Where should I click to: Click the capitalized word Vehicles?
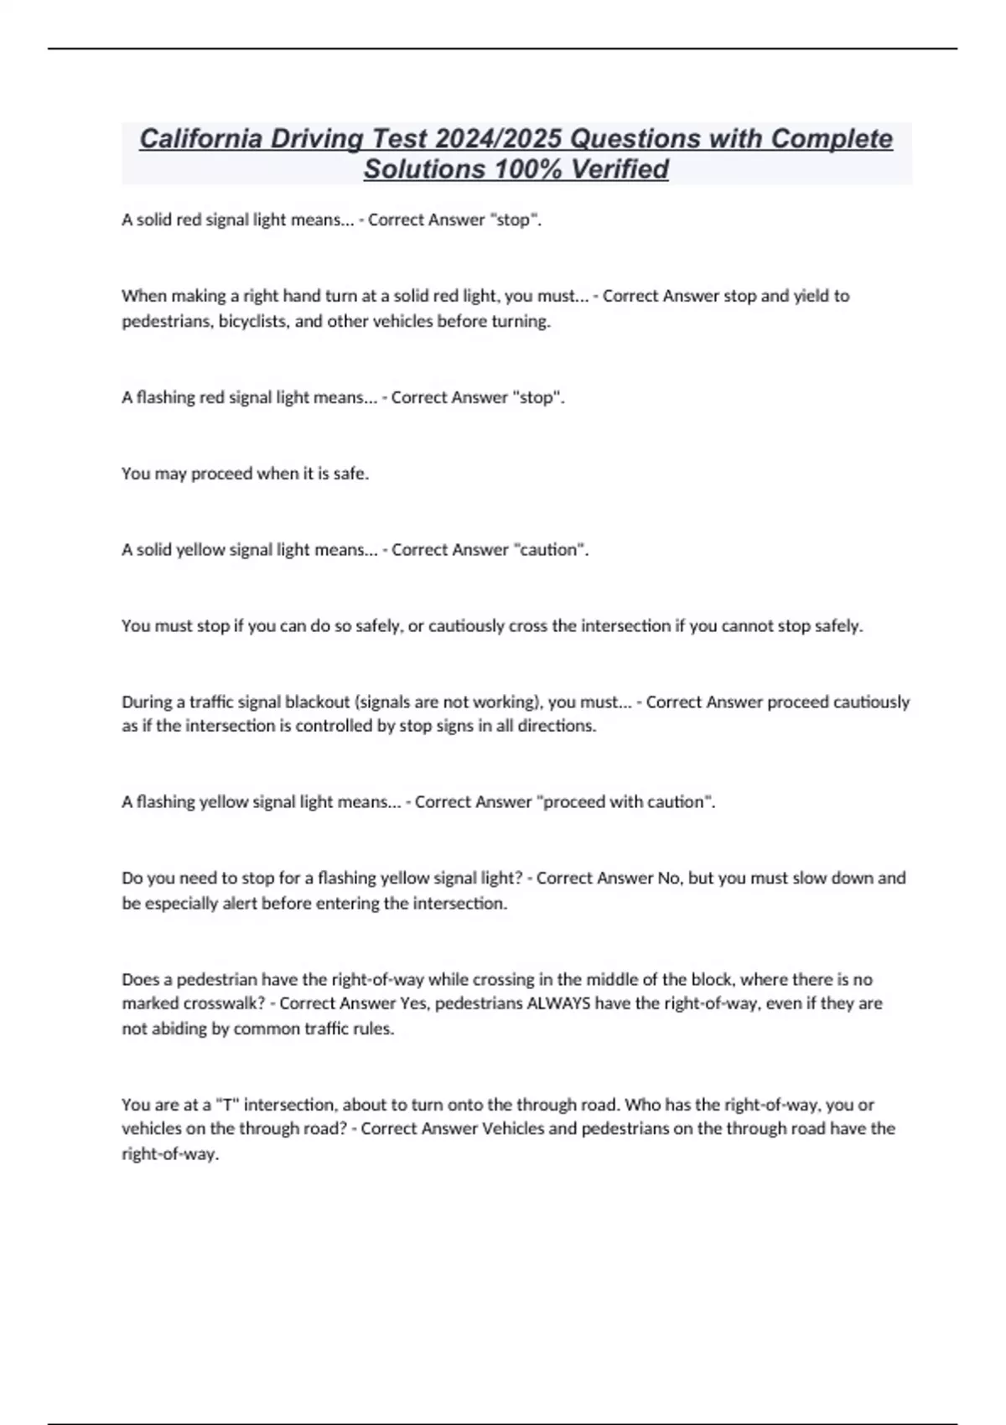(x=513, y=1128)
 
